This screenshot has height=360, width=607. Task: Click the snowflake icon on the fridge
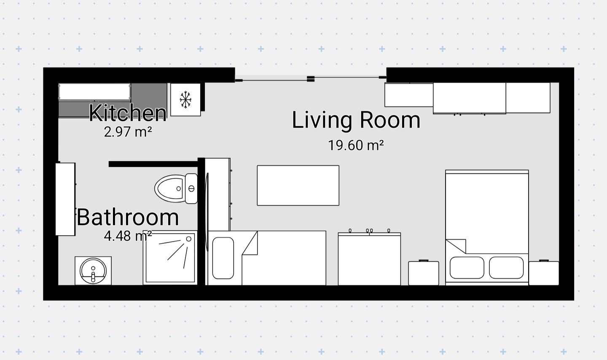(x=185, y=99)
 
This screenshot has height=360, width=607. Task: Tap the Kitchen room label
(x=128, y=113)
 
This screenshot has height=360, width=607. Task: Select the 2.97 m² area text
(x=128, y=132)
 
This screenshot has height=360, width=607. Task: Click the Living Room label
(x=356, y=120)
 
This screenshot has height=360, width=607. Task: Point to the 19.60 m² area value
(x=356, y=145)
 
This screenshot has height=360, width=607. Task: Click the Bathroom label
(x=128, y=217)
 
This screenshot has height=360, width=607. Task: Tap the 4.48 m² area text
(x=128, y=236)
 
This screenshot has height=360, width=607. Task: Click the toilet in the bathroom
(x=176, y=188)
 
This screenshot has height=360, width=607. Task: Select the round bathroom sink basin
(x=93, y=271)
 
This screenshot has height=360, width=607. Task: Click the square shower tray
(x=170, y=258)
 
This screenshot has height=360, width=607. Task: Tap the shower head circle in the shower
(x=188, y=239)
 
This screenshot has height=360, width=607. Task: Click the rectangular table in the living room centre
(x=298, y=185)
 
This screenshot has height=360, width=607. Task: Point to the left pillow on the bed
(x=467, y=268)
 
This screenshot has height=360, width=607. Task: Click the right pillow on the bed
(x=506, y=268)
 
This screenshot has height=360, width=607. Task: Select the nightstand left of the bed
(x=424, y=273)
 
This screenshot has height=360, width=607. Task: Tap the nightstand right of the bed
(x=544, y=273)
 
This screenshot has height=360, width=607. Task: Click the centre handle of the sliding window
(x=311, y=79)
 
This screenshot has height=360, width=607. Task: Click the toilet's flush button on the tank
(x=191, y=189)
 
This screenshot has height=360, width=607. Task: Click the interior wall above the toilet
(x=153, y=164)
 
